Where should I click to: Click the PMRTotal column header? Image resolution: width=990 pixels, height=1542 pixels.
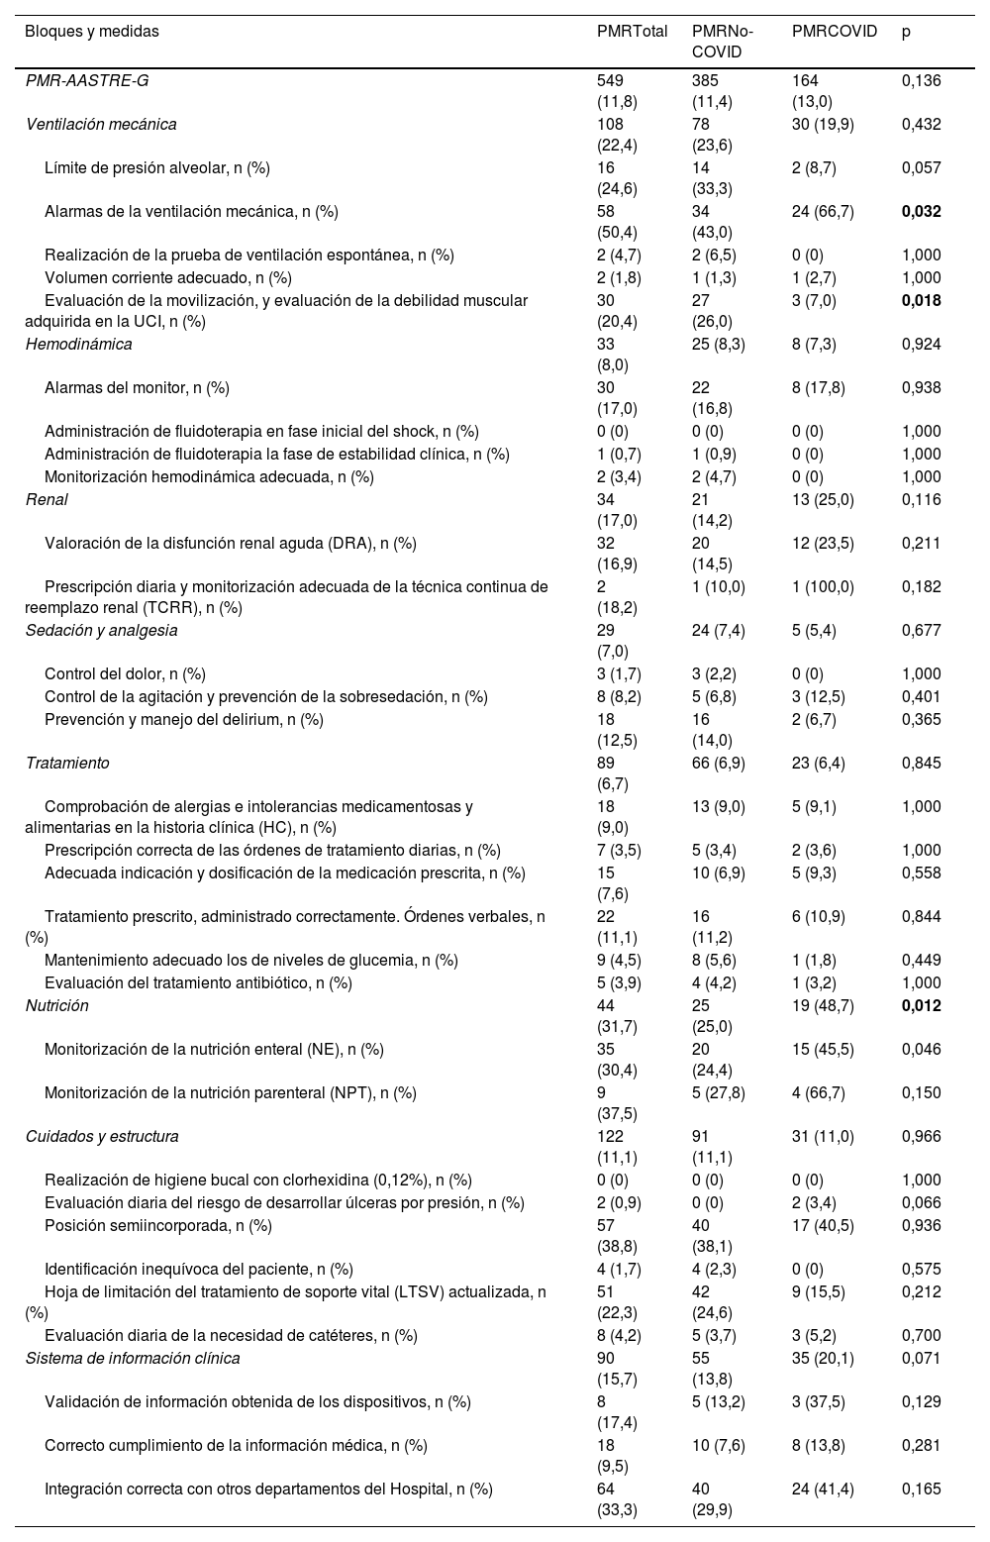point(632,31)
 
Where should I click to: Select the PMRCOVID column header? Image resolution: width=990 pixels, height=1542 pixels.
point(835,31)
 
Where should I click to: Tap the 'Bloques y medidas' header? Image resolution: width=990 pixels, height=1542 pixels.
point(92,31)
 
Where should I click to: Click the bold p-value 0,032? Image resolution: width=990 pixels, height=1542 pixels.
point(922,211)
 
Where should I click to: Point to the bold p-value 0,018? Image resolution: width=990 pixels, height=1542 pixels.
point(922,300)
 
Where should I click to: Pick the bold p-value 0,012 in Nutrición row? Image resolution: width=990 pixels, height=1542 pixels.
point(922,1005)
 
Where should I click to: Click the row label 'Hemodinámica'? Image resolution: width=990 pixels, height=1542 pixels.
point(78,345)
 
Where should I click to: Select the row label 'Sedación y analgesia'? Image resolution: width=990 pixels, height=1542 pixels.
point(101,630)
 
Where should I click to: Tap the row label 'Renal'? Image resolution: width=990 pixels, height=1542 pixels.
point(47,499)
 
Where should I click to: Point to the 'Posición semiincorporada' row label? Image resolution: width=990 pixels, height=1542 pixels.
point(157,1225)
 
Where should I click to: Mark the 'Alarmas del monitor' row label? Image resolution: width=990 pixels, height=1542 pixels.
point(137,387)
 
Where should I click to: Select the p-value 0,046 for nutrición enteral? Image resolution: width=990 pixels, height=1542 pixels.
point(922,1049)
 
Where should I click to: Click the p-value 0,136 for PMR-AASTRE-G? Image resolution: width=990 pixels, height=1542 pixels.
point(922,80)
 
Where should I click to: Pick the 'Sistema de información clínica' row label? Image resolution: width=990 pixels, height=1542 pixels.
point(133,1358)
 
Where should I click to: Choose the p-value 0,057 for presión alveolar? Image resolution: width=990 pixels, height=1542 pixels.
point(922,167)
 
